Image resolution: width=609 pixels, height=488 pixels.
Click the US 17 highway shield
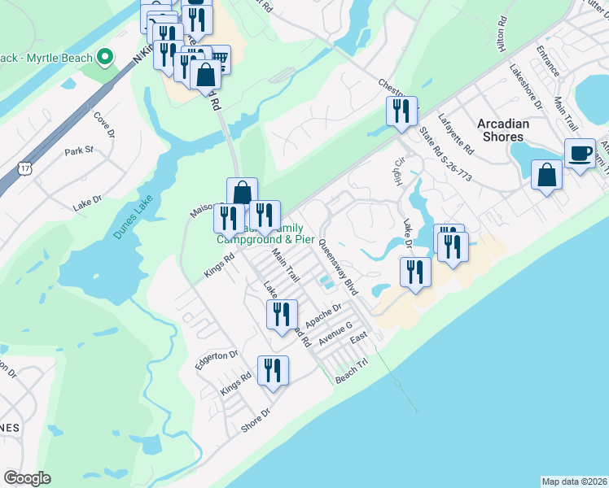click(x=24, y=168)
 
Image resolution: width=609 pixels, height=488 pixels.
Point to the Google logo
click(x=27, y=478)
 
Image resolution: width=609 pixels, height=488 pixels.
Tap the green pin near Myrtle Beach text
click(x=104, y=57)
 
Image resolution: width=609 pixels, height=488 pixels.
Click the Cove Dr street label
click(x=102, y=128)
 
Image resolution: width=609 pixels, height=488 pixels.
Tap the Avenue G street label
click(x=335, y=331)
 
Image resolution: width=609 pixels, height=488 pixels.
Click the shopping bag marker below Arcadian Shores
click(x=545, y=174)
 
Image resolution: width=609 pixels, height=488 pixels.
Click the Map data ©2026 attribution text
click(x=575, y=481)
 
